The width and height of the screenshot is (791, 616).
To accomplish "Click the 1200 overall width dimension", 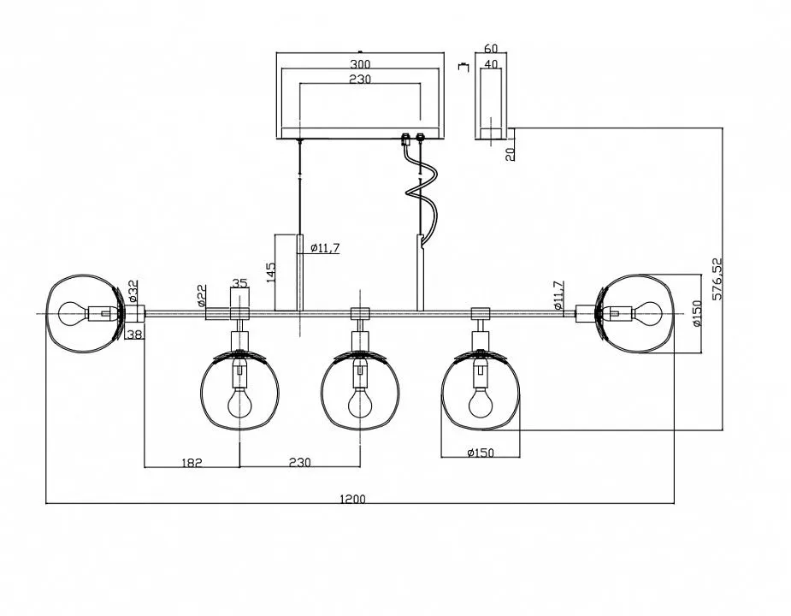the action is coord(352,500).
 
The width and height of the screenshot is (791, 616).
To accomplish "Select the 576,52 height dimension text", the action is coord(717,279).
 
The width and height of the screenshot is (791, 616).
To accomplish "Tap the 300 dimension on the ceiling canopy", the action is coord(360,64).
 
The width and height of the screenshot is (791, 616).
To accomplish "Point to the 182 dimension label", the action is coord(192,462).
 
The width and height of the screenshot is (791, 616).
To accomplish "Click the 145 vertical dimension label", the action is coord(270,273).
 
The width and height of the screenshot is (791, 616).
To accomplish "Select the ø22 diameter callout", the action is coord(201,295).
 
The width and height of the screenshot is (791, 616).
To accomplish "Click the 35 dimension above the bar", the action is coord(240,283).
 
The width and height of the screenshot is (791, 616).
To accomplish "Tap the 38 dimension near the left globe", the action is coord(133,334).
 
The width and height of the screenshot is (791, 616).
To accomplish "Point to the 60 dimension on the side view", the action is coord(491,49).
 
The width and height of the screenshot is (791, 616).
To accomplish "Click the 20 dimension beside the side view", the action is coord(511,153).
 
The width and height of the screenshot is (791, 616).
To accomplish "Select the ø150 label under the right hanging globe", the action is coord(481,453).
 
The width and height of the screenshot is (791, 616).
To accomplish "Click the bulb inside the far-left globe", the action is coord(74,313).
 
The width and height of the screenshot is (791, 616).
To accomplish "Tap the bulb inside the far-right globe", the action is coord(646,313).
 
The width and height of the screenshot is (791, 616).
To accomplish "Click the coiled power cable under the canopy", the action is coord(422,191).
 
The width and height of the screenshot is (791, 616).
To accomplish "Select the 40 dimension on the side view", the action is coord(491,64).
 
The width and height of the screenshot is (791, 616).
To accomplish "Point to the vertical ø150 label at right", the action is coord(697,313).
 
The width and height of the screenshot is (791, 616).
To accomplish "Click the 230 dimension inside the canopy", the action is coord(360,80).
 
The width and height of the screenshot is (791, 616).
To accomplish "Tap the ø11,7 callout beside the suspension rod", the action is coord(325,247).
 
